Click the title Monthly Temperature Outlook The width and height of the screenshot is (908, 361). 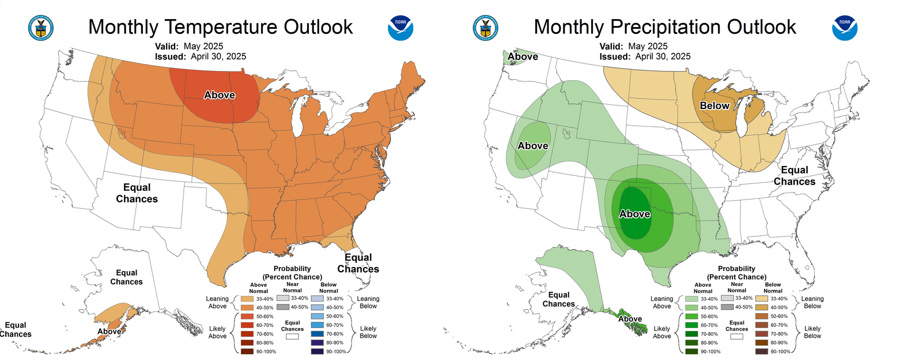[x=220, y=27]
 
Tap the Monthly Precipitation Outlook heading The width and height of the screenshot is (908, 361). [x=664, y=27]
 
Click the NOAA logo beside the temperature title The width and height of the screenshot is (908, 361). [x=400, y=28]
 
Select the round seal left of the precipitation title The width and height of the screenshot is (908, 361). [x=485, y=28]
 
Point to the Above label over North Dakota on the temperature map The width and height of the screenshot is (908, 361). [x=220, y=95]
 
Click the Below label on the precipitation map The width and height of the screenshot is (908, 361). [x=714, y=106]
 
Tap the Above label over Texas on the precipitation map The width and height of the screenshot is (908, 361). [x=634, y=214]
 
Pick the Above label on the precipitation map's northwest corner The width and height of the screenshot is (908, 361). [x=523, y=57]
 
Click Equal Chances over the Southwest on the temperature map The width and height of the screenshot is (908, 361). [x=137, y=193]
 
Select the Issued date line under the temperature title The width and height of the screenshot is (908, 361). [x=200, y=57]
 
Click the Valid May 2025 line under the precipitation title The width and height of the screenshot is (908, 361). [x=633, y=46]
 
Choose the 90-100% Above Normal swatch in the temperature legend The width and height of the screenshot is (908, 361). [x=247, y=351]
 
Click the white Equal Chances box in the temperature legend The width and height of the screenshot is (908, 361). [x=292, y=336]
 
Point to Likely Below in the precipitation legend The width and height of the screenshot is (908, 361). [x=812, y=332]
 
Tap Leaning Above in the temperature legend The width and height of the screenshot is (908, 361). [x=217, y=302]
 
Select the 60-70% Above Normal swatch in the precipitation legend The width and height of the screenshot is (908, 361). [x=691, y=325]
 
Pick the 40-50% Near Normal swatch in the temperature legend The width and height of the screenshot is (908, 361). [x=282, y=307]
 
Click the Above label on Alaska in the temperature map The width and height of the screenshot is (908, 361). [x=109, y=331]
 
